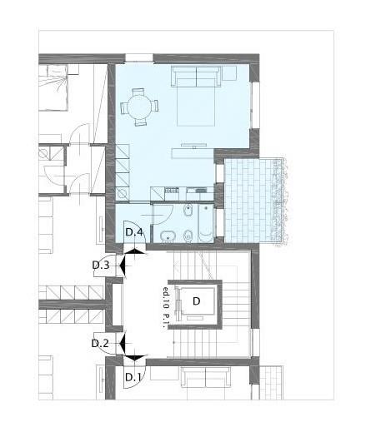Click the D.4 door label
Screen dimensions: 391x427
[134, 232]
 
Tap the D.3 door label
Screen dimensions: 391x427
[101, 266]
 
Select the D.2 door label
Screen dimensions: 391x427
[100, 344]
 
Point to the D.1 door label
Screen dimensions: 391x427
[133, 377]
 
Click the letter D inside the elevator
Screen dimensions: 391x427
[197, 301]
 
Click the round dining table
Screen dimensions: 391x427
[140, 107]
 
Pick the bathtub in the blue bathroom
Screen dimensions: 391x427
[206, 223]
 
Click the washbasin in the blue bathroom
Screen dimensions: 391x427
[168, 237]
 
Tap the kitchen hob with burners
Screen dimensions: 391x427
[172, 191]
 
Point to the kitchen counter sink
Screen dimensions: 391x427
[200, 191]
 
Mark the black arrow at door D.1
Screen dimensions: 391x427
[134, 358]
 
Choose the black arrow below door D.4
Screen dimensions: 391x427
[134, 251]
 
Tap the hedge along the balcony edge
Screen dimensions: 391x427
[280, 201]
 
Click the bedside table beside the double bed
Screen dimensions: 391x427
[229, 72]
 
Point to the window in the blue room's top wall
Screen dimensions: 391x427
[139, 57]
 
